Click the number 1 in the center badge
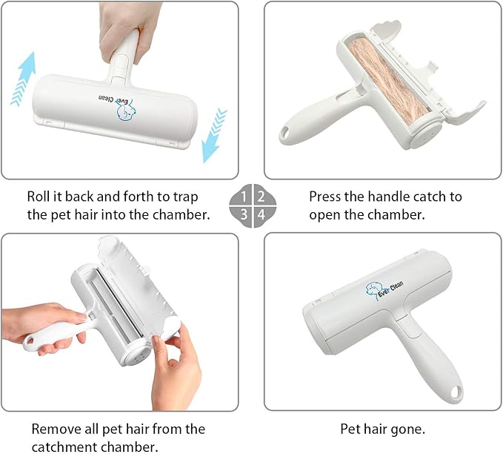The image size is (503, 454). tap(244, 197)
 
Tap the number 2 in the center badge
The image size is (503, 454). tap(261, 197)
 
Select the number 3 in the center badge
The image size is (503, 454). tap(244, 214)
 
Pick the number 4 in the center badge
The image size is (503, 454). tap(262, 214)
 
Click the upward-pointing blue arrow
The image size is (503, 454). tap(23, 79)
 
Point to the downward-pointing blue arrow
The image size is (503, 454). tap(214, 135)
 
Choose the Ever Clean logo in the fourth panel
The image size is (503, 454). tap(384, 290)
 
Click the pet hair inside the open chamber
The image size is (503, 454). tap(389, 81)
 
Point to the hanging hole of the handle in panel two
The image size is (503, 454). tap(284, 131)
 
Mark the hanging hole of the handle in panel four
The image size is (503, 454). tap(455, 392)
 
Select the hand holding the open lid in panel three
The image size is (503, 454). tap(176, 369)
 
